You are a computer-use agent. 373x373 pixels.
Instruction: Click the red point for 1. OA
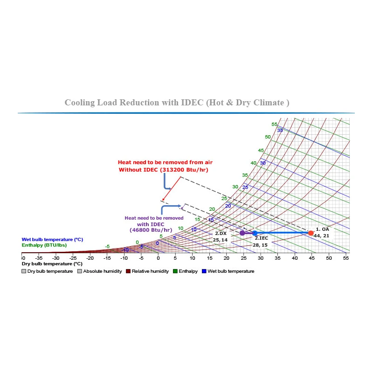pos(311,233)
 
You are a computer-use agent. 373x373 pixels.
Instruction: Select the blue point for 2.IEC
pos(255,233)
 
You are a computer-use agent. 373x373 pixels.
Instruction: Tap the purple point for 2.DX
pos(242,233)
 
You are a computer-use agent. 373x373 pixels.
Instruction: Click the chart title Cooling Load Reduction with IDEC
pos(177,103)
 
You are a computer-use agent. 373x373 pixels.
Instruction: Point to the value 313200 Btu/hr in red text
pos(184,170)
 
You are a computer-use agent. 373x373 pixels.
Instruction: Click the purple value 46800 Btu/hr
pos(151,230)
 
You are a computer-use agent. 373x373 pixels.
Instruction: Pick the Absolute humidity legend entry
pos(99,271)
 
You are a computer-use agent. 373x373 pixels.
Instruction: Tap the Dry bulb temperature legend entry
pos(47,271)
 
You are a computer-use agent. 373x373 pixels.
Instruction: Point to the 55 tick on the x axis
pos(346,258)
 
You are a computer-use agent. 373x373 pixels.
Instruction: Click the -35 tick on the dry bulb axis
pos(39,258)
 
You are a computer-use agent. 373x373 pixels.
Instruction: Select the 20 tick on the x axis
pos(227,258)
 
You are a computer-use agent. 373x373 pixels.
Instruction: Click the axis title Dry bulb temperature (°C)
pos(48,264)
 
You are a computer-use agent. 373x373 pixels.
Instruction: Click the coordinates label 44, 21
pos(322,236)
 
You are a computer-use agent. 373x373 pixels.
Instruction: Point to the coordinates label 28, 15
pos(260,245)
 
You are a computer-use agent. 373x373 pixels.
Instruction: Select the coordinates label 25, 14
pos(220,240)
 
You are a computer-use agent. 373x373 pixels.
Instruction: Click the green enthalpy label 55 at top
pos(275,124)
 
